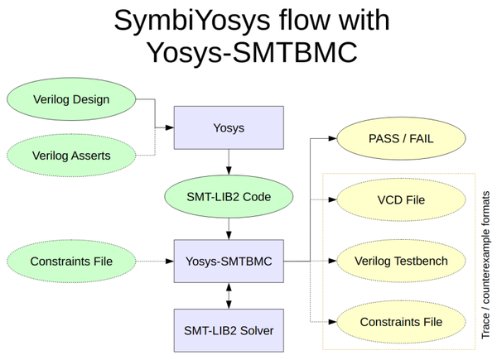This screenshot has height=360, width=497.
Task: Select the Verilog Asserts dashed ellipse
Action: click(71, 154)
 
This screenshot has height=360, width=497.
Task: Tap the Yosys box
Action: click(229, 129)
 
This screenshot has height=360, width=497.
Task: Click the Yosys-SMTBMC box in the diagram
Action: click(229, 262)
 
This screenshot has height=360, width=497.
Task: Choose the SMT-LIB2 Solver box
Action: click(229, 330)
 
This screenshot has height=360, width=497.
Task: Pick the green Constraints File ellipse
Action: click(71, 262)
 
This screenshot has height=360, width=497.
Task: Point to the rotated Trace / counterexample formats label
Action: click(485, 262)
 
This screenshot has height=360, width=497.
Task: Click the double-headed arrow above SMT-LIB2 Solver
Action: click(229, 295)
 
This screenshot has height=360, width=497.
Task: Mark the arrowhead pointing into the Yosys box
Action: click(169, 129)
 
